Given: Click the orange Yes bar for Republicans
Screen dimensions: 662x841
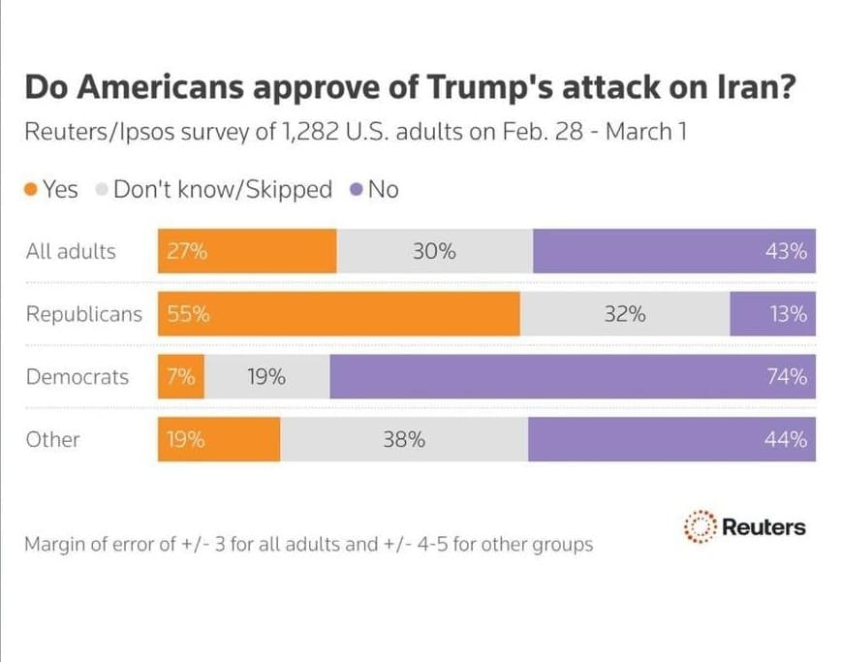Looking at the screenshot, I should [339, 314].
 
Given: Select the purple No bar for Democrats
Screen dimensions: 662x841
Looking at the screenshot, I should [572, 377].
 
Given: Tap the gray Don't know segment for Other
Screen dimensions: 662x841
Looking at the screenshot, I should [404, 439].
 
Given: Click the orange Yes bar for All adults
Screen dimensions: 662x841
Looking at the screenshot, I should [247, 251].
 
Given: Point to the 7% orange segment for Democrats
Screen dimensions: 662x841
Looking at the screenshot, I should [181, 377].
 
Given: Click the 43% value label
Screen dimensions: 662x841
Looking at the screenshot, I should [786, 251].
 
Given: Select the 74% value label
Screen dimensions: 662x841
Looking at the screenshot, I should [786, 377].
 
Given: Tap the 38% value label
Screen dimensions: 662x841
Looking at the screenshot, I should [404, 439].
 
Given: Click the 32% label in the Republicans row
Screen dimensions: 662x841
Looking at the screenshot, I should [624, 314].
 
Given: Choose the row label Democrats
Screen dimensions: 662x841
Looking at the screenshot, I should [77, 377].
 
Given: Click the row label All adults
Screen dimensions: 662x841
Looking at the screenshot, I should [71, 251].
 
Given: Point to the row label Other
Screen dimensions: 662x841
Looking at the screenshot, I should [53, 439].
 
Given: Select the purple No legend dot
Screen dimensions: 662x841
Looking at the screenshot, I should [357, 190].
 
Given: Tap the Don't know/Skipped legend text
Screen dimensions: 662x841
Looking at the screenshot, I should [222, 190].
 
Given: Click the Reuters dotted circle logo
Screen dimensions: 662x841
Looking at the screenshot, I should [699, 527].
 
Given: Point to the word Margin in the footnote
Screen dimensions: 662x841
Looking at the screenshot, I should [56, 544].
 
